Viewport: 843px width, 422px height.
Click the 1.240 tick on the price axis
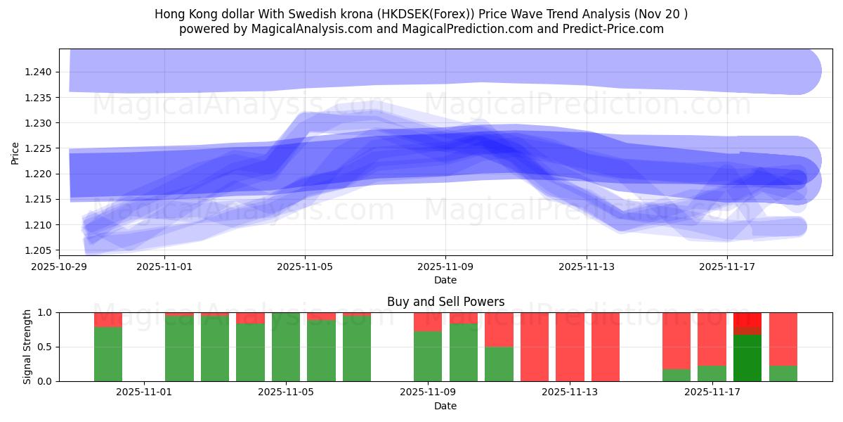click(x=39, y=72)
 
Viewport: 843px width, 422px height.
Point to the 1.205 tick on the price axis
click(x=39, y=250)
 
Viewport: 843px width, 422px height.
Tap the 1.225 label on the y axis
click(x=39, y=148)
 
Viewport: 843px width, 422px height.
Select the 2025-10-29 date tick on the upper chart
click(x=59, y=267)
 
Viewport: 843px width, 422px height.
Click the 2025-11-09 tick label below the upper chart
click(x=445, y=267)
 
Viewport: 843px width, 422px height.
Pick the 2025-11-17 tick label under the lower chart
click(x=712, y=392)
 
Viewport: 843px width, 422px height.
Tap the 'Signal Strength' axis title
click(x=27, y=347)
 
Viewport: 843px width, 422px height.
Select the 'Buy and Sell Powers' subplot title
click(x=445, y=302)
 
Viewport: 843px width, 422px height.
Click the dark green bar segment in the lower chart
click(x=747, y=359)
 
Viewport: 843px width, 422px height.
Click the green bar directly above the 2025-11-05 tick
click(x=286, y=347)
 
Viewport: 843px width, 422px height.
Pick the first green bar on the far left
click(x=108, y=354)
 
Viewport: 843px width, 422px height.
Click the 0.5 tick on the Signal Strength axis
click(x=45, y=347)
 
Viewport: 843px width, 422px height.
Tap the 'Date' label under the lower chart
click(x=445, y=406)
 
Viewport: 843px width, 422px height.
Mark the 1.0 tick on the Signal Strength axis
click(x=45, y=312)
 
